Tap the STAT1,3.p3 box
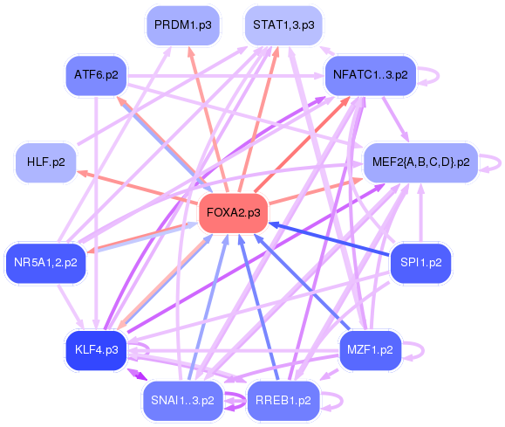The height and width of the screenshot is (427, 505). pos(283,24)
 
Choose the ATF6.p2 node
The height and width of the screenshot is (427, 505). pos(96,75)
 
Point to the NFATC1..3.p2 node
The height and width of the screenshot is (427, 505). pos(370,75)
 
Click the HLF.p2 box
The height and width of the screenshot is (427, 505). pos(45,162)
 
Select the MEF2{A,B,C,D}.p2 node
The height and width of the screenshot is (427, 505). pos(420,162)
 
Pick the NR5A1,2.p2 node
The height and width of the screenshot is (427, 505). pos(45,261)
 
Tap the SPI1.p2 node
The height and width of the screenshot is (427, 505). pos(420,261)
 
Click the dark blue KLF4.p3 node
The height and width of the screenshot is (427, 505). pos(96,349)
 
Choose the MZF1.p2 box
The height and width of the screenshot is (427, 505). pos(370,349)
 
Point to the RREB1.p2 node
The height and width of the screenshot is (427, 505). pos(283,400)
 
